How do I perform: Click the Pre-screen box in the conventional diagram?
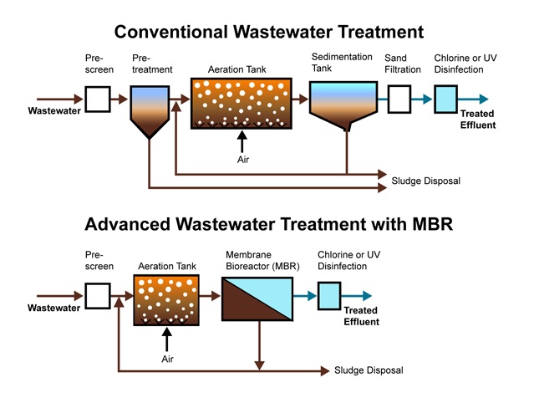coord(98,99)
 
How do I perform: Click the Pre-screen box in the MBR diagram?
coord(98,295)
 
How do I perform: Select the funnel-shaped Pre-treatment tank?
coord(148,109)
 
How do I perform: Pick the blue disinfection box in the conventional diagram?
coord(447,99)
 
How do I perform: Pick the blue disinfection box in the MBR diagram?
coord(329,295)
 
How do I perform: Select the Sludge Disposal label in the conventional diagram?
coord(425,181)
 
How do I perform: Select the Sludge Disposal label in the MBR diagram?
coord(369,370)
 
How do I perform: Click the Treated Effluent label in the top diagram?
coord(478,120)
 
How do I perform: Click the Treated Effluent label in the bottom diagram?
coord(361,316)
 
